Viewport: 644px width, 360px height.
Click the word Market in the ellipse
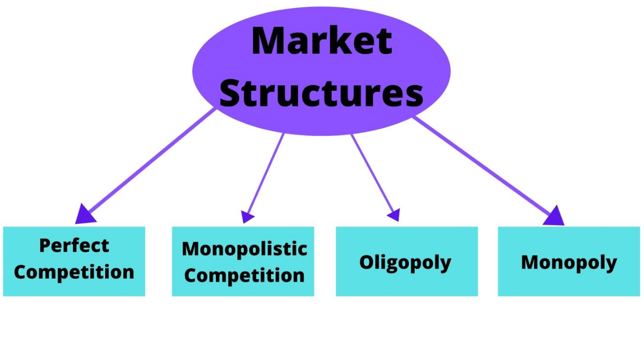[321, 41]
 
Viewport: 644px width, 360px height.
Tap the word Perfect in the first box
[74, 246]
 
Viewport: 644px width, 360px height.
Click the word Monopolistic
[244, 249]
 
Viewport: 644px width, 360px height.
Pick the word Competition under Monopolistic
[244, 275]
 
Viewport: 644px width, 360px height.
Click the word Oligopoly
[405, 262]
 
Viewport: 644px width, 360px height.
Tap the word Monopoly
[569, 262]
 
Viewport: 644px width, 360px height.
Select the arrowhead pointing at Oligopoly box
[394, 215]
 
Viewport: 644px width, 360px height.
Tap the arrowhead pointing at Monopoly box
[555, 216]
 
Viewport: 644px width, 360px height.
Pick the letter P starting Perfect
[45, 246]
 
